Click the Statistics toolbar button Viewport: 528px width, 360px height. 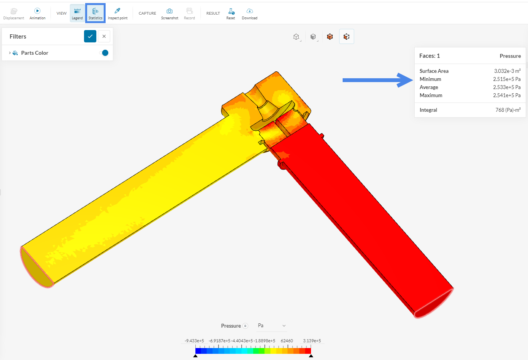[95, 13]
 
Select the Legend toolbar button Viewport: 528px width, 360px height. [77, 13]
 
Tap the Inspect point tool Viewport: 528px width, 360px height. [118, 13]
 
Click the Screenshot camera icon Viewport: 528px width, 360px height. [170, 11]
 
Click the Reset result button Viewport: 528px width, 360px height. [230, 13]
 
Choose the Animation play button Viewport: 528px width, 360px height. [37, 13]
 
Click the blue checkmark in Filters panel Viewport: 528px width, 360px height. [90, 36]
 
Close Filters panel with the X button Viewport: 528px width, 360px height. [104, 36]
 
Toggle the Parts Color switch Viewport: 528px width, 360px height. [104, 53]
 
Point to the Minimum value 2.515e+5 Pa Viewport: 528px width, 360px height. [506, 79]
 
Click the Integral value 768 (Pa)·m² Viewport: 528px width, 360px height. [508, 110]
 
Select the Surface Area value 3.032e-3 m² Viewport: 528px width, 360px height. [507, 71]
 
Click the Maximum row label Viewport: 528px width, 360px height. [431, 95]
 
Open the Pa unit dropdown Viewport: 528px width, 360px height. [272, 326]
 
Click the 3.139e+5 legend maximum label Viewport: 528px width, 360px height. [312, 341]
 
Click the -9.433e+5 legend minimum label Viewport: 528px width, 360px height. [194, 341]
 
